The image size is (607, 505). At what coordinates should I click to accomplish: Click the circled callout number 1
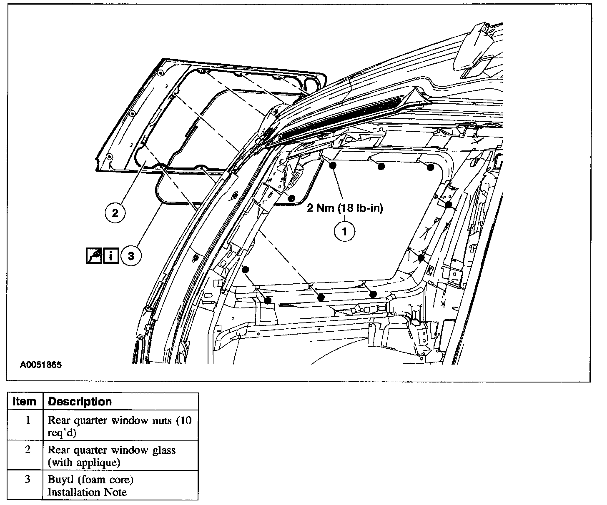(345, 231)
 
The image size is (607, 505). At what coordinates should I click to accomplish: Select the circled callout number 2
(115, 213)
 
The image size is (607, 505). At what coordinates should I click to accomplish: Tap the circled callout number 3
(131, 256)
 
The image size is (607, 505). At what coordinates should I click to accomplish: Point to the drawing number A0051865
(40, 365)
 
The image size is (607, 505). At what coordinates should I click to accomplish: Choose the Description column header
(80, 402)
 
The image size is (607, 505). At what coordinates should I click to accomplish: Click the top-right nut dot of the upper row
(431, 167)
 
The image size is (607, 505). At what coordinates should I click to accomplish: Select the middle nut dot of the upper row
(381, 167)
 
